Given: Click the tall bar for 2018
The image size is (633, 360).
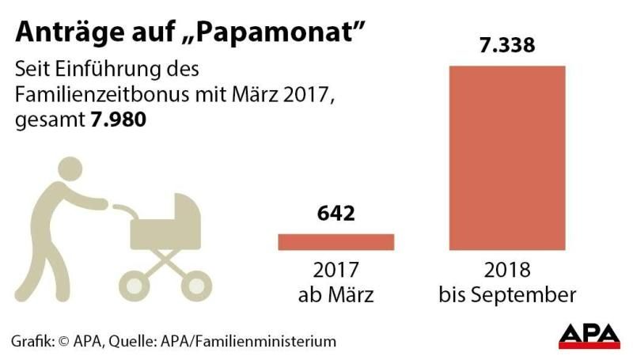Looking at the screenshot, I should click(507, 157).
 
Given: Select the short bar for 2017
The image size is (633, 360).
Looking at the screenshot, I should click(335, 242).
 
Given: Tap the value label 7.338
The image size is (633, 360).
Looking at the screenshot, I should click(507, 45).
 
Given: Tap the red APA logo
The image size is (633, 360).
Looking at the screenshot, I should click(589, 335).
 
